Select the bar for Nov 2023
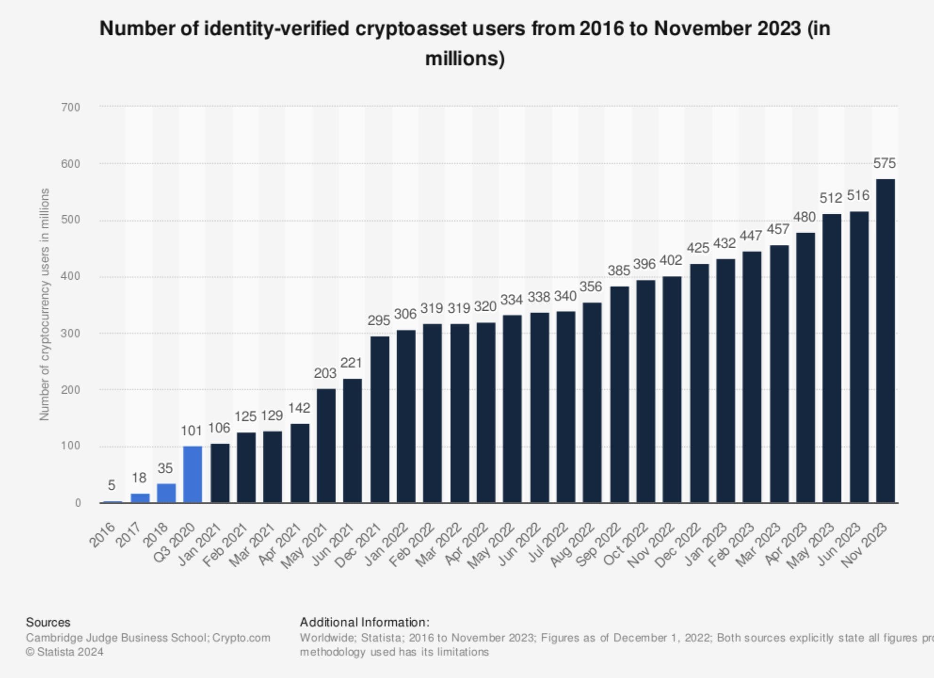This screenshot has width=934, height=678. [885, 341]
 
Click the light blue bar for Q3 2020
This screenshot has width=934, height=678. [193, 474]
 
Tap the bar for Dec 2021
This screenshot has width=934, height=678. [379, 419]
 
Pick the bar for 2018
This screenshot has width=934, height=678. [166, 493]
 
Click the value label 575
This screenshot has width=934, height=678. [884, 163]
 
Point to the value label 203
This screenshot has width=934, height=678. [325, 373]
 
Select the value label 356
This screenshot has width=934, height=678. [591, 287]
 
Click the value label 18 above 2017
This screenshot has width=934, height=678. [139, 478]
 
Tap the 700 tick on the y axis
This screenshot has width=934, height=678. [71, 107]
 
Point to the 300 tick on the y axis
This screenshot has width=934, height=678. [71, 333]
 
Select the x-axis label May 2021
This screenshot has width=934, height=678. [304, 546]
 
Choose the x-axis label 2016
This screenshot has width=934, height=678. [103, 535]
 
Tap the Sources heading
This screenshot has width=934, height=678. [48, 622]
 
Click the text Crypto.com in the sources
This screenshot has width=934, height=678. [241, 638]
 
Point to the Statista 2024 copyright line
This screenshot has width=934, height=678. [64, 652]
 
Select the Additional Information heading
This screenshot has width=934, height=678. [364, 622]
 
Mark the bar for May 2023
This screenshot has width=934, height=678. [832, 358]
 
